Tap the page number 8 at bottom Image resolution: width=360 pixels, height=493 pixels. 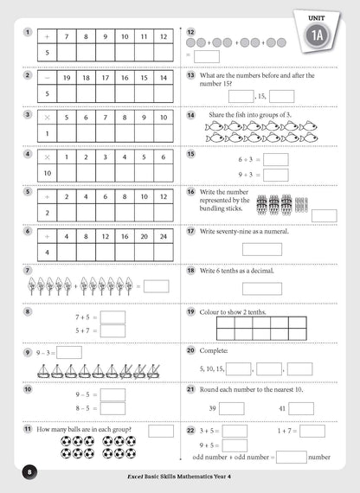click(29, 471)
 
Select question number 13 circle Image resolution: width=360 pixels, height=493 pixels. click(190, 75)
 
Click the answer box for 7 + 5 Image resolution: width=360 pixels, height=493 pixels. click(112, 317)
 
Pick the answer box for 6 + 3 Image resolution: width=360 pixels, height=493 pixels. click(275, 160)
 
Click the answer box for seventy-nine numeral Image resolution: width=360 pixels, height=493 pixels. click(261, 249)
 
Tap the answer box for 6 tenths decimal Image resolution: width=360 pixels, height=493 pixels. click(261, 289)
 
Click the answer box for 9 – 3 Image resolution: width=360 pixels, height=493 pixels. click(69, 352)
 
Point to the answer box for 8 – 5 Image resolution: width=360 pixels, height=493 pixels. click(112, 407)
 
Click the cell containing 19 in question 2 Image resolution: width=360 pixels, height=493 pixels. click(67, 77)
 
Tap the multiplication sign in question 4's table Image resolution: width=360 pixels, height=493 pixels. click(46, 157)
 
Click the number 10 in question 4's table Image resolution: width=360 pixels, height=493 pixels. click(46, 174)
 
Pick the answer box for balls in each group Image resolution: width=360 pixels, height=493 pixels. click(161, 430)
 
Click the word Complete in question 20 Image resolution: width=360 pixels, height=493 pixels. click(215, 350)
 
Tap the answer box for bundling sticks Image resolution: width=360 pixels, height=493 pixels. click(324, 215)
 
